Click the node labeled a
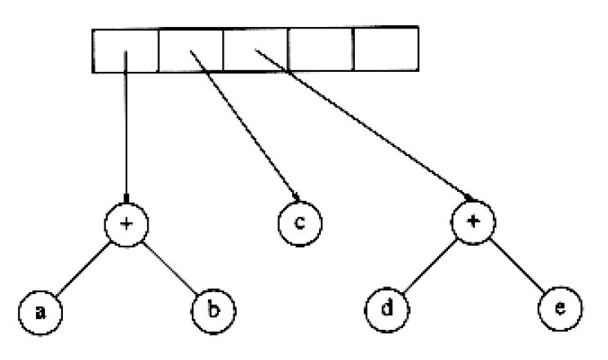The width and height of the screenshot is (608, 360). (x=40, y=312)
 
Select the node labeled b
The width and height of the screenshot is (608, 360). (x=214, y=311)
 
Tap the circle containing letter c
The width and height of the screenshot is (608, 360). (x=300, y=224)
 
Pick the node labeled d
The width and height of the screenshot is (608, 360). (x=387, y=309)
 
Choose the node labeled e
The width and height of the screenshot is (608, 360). (x=560, y=309)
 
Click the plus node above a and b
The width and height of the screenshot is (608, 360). (x=126, y=224)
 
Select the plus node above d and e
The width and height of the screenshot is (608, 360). (x=473, y=222)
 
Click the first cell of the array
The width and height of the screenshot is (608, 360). (x=125, y=51)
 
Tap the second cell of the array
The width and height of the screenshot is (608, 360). (x=191, y=51)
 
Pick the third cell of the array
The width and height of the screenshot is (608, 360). (x=255, y=50)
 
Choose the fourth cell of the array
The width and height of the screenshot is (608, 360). (x=321, y=49)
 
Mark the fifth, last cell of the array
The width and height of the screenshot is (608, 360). (x=386, y=49)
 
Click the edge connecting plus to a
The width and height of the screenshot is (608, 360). (x=83, y=270)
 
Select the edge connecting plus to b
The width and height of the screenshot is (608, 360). (x=170, y=268)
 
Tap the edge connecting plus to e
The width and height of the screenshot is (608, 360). (x=517, y=265)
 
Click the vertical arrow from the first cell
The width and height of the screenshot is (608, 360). (x=126, y=127)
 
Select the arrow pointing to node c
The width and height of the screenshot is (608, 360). (x=245, y=126)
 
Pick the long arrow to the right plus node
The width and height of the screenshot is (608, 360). (x=364, y=125)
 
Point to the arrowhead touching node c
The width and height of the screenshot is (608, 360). (x=296, y=198)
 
